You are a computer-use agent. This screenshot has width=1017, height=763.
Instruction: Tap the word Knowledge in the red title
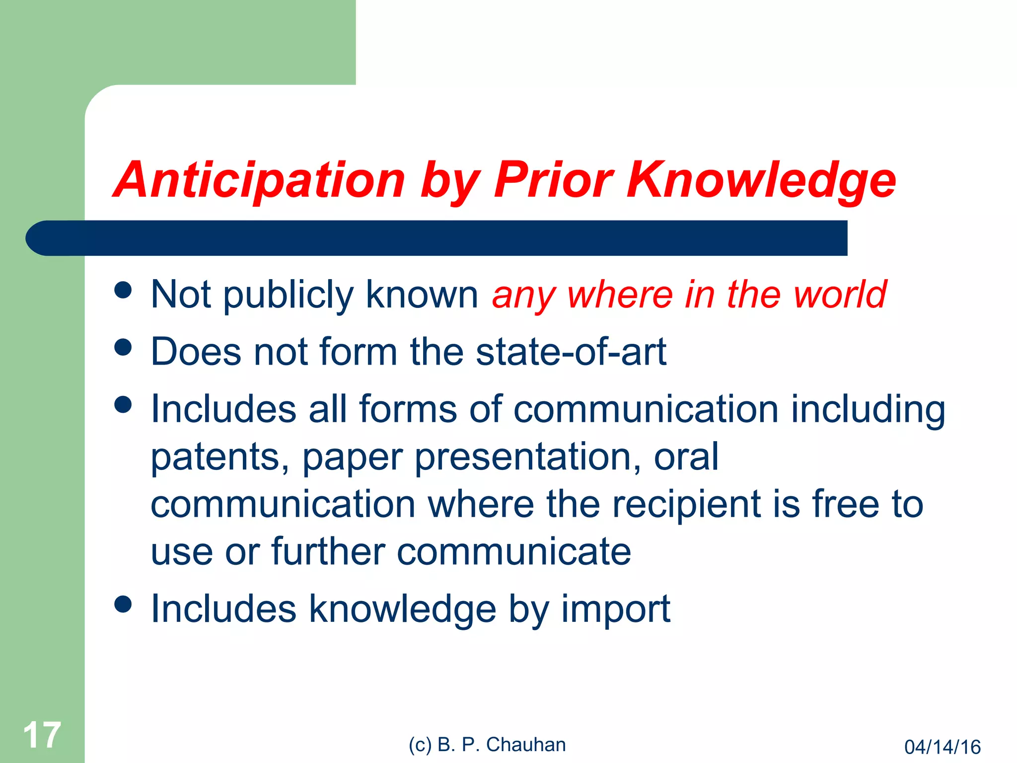[x=761, y=180]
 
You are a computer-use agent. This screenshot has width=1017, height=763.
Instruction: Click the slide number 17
[x=42, y=735]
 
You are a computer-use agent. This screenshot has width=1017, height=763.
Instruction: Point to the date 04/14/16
[x=942, y=747]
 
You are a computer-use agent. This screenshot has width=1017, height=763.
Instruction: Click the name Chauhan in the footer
[x=525, y=745]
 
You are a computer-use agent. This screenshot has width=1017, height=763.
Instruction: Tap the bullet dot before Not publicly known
[x=123, y=290]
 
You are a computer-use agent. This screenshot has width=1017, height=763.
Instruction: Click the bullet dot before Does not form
[x=123, y=347]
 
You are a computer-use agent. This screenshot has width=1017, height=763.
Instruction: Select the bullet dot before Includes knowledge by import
[x=123, y=604]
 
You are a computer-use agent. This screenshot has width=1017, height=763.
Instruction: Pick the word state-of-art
[x=571, y=351]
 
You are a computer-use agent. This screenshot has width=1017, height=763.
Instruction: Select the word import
[x=616, y=609]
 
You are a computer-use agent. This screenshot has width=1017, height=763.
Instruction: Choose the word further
[x=328, y=551]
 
